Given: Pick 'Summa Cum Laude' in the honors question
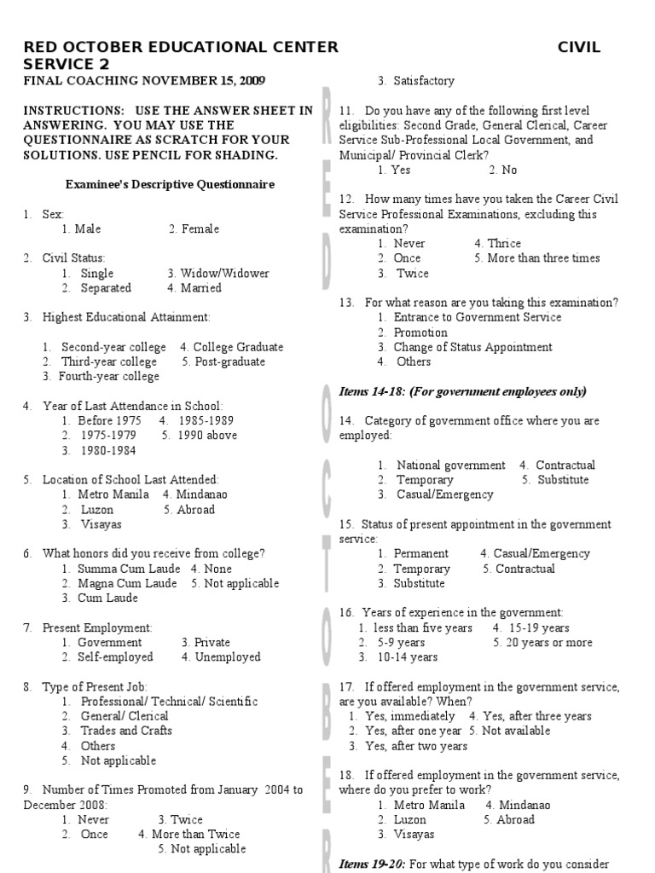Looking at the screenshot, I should (x=129, y=569).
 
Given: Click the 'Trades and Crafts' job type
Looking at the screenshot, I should (x=126, y=731).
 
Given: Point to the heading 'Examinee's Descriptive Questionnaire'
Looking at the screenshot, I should (x=171, y=184).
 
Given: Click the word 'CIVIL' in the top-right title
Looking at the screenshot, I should (x=579, y=48).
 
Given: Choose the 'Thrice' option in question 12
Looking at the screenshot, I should (x=503, y=244).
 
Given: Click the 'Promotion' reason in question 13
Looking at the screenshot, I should (x=420, y=332).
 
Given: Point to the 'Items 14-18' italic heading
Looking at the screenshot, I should (x=462, y=391).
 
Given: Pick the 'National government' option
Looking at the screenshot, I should (x=450, y=465).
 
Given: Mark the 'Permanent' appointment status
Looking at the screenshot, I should (x=421, y=554).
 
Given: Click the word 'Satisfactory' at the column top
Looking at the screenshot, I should (x=424, y=81).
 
